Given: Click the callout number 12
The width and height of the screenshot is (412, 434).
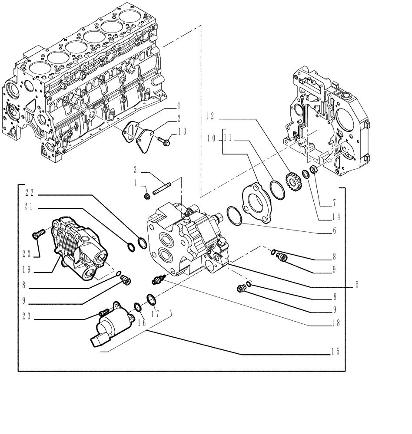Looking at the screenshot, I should pyautogui.click(x=210, y=115).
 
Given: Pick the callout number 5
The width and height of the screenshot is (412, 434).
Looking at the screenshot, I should pyautogui.click(x=357, y=285).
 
